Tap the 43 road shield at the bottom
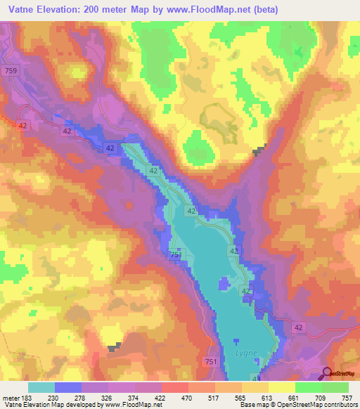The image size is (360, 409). click(255, 379)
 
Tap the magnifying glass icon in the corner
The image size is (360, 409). click(327, 374)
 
